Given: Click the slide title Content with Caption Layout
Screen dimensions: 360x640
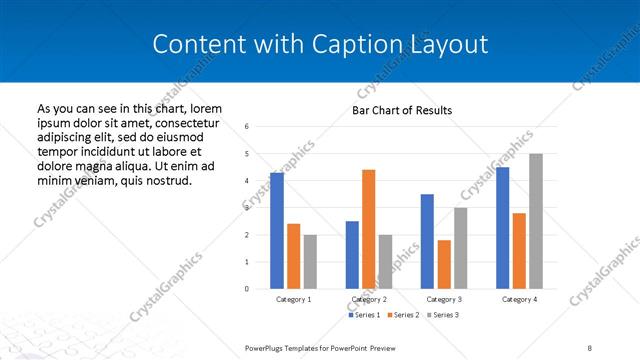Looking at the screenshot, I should point(320,44).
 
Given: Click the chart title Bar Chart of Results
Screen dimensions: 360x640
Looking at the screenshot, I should point(402,110).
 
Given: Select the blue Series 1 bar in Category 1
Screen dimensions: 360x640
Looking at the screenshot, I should point(277,231).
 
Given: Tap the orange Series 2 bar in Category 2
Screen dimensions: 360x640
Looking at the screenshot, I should point(368,229).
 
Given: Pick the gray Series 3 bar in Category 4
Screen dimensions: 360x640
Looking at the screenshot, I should point(535,221).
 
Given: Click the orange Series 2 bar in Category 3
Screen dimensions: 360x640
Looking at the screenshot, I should point(443,264).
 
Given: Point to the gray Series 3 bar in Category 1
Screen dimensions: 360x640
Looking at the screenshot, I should point(310,262).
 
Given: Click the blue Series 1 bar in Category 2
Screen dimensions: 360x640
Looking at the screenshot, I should point(352,255).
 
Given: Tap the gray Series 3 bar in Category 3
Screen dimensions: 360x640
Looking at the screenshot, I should point(460,248).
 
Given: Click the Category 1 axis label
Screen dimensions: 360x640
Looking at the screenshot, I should point(293,299).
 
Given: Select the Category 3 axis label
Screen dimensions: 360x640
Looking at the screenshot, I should point(443,299).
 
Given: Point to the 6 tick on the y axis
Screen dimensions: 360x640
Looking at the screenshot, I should point(247,127).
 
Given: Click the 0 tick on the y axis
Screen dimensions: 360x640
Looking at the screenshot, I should point(247,289).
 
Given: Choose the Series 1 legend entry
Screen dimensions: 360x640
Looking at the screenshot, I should point(364,315).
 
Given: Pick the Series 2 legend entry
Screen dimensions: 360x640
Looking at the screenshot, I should point(402,315).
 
